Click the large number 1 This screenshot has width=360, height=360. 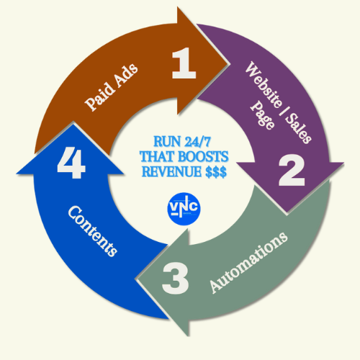[x=184, y=63]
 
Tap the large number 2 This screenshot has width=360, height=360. [x=292, y=170]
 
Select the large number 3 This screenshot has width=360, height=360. [x=176, y=278]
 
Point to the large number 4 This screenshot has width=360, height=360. [x=71, y=163]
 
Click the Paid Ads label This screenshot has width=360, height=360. [x=112, y=87]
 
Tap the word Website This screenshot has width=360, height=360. [x=264, y=84]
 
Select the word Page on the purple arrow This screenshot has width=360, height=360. [x=262, y=115]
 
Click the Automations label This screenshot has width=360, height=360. [x=248, y=263]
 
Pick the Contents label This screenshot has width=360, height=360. [x=93, y=231]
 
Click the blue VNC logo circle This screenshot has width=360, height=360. [x=184, y=209]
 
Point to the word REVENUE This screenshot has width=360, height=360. [x=171, y=171]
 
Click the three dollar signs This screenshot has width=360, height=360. [x=216, y=172]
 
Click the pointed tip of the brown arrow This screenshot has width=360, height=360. [x=230, y=64]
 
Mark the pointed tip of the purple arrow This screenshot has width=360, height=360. [x=287, y=215]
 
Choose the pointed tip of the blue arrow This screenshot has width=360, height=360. [x=73, y=123]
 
